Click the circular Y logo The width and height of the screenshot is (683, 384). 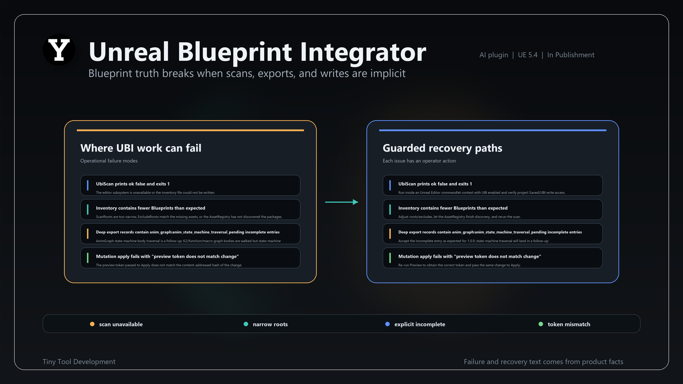tap(59, 50)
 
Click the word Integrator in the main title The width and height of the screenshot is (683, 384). tap(363, 52)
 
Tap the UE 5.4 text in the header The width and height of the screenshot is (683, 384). tap(528, 55)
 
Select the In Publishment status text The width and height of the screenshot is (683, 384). tap(571, 55)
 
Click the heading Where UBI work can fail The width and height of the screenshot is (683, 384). tap(141, 148)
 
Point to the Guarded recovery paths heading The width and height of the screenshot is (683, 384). tap(443, 148)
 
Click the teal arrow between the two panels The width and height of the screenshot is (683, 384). tap(341, 202)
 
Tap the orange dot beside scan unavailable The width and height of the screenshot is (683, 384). tap(92, 324)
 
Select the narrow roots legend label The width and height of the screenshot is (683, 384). tap(270, 324)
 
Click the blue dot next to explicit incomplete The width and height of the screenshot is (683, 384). tap(387, 324)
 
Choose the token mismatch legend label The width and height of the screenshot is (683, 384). tap(569, 324)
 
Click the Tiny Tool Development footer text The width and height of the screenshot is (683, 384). tap(79, 362)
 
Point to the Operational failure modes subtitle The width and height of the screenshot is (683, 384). tap(109, 161)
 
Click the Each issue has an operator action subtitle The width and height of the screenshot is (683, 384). tap(419, 161)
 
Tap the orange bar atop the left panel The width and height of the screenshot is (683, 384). tap(190, 130)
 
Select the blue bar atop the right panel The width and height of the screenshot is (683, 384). tap(493, 130)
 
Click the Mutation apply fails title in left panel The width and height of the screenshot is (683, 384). tap(167, 256)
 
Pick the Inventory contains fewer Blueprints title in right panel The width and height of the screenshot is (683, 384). tap(453, 208)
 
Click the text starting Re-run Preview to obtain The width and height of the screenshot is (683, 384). tap(459, 265)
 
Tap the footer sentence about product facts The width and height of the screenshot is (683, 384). tap(543, 362)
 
